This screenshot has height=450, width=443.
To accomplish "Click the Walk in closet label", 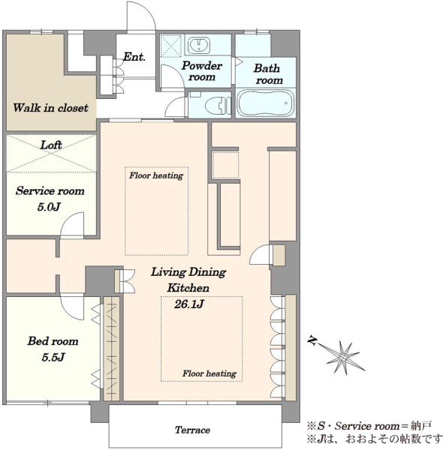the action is click(50, 108).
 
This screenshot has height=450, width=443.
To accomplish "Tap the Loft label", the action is click(51, 145).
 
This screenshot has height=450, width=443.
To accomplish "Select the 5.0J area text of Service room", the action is click(49, 207).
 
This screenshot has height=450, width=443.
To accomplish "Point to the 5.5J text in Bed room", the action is click(53, 357).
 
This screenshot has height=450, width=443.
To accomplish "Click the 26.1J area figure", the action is click(189, 304).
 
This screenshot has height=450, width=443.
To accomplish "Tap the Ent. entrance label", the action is click(134, 56).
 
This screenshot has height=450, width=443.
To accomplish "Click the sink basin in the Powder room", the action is click(199, 45).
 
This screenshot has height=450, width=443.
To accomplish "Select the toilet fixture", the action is click(218, 105).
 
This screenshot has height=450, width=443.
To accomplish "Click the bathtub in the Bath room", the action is click(265, 103).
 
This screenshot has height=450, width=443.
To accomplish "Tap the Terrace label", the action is click(192, 430).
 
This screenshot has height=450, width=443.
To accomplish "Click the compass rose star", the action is click(343, 357).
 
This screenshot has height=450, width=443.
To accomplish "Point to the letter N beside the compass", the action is click(312, 340).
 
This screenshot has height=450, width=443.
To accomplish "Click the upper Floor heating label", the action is click(156, 175).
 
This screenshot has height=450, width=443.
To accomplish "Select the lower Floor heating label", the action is click(209, 373).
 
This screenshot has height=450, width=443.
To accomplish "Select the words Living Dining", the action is click(188, 272).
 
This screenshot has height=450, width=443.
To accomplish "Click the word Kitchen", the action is click(188, 287).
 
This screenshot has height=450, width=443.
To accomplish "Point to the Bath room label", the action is click(267, 74).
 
